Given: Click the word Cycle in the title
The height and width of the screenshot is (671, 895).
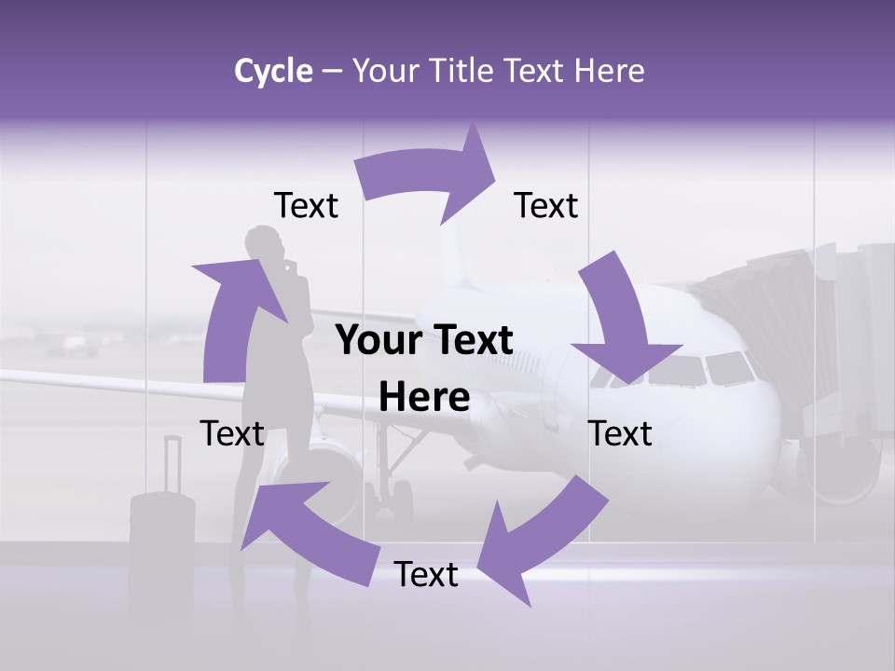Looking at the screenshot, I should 273,71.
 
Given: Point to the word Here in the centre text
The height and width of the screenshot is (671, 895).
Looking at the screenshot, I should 424,398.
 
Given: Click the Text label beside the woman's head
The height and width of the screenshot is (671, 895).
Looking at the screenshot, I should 306,206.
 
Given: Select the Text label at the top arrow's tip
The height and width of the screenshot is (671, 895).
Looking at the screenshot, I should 546,206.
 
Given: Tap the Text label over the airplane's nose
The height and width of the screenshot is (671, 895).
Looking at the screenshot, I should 621,433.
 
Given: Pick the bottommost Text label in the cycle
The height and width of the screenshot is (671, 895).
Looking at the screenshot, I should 426,574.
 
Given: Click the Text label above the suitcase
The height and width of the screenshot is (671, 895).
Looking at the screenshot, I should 232,433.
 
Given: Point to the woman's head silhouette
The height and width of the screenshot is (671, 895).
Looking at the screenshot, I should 263,244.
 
